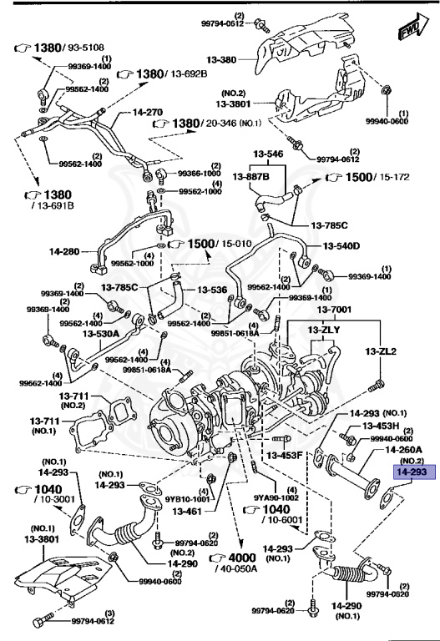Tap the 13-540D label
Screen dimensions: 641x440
coord(342,245)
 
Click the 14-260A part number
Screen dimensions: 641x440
coord(403,450)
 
